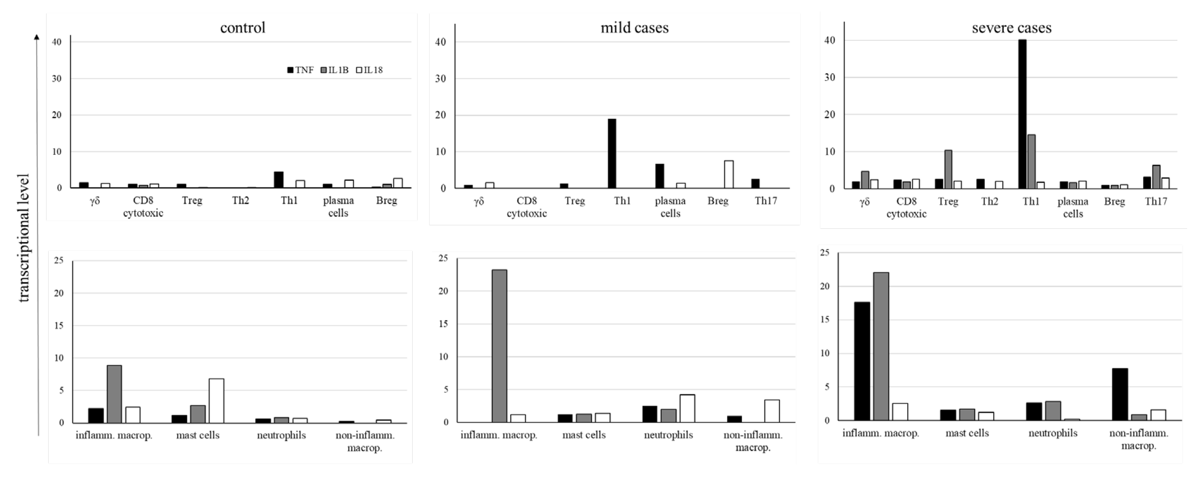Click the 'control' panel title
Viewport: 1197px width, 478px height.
click(x=243, y=28)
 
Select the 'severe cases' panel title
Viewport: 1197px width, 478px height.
click(x=1011, y=28)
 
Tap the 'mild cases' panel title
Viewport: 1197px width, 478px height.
click(x=634, y=28)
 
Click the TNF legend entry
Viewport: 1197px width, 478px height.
click(x=301, y=70)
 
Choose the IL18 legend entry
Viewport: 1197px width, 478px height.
click(x=370, y=70)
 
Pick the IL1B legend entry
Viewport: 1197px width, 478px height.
click(x=334, y=70)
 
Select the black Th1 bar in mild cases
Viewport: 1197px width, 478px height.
click(x=612, y=153)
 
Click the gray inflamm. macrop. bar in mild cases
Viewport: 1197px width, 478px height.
click(x=500, y=346)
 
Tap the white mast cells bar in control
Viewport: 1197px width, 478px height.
click(x=217, y=401)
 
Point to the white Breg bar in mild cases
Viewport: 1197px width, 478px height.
click(x=729, y=174)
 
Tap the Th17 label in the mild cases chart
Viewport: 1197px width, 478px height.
click(x=765, y=201)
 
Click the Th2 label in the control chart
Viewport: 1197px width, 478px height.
click(x=241, y=201)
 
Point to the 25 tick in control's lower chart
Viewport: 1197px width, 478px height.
click(x=58, y=260)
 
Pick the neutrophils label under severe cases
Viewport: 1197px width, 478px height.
click(x=1053, y=433)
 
